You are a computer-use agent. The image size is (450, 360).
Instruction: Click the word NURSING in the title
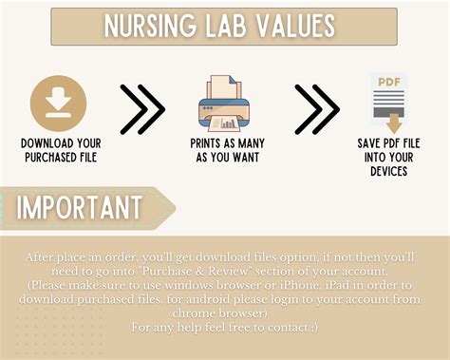(147, 27)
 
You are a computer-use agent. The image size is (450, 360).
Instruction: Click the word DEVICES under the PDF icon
(390, 171)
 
